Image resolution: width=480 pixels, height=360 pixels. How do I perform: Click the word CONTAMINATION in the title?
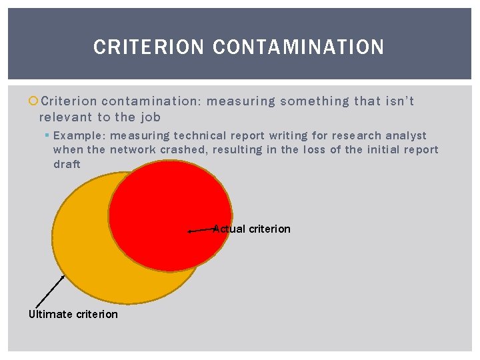pos(298,47)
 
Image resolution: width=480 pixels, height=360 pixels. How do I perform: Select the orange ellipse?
pos(93,253)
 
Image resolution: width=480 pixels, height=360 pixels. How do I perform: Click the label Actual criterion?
pos(252,229)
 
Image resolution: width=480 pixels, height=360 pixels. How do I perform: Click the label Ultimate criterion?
pos(73,314)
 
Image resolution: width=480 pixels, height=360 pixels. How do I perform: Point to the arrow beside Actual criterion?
pos(201,230)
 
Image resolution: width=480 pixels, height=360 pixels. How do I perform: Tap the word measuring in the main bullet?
pos(241,101)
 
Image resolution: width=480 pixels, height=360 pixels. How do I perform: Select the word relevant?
pos(65,117)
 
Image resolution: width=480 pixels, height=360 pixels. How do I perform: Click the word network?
pos(133,150)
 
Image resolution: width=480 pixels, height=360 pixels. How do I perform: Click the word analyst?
pos(406,136)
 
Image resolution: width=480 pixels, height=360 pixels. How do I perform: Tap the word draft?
pos(67,164)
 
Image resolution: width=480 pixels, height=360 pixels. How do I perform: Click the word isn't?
pos(400,101)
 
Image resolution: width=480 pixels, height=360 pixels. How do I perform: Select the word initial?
pos(383,150)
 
